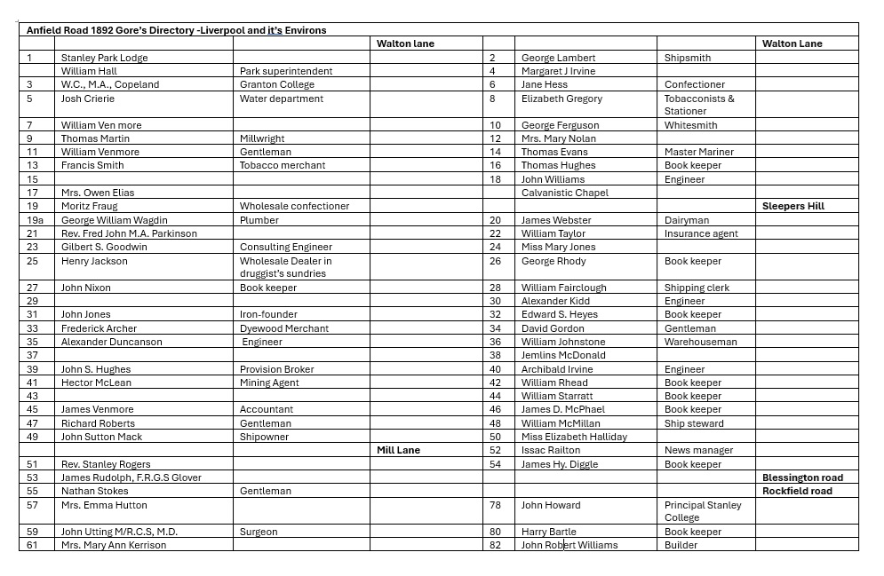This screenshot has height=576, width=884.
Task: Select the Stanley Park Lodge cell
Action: click(x=104, y=58)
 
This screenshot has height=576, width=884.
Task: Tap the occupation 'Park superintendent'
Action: click(x=286, y=71)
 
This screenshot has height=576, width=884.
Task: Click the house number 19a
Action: click(x=35, y=220)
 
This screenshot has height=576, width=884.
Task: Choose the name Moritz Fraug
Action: click(x=89, y=206)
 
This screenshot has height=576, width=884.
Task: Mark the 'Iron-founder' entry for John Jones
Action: click(x=268, y=314)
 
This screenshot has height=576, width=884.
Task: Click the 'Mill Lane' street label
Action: click(x=398, y=450)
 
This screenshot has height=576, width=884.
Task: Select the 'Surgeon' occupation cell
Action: click(x=259, y=532)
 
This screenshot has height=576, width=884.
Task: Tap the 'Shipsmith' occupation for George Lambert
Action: click(x=688, y=58)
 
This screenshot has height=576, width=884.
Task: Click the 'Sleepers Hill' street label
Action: click(x=792, y=206)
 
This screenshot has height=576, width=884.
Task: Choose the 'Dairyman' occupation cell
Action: click(x=687, y=220)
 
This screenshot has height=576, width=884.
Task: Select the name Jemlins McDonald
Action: click(x=563, y=355)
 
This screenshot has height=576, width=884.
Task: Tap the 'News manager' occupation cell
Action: click(x=698, y=450)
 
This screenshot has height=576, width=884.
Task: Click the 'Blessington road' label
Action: click(x=802, y=477)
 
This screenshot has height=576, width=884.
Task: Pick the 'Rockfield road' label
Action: click(x=797, y=491)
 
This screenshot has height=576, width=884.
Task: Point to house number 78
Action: click(x=496, y=505)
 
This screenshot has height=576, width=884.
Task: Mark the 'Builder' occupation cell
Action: click(x=681, y=545)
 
